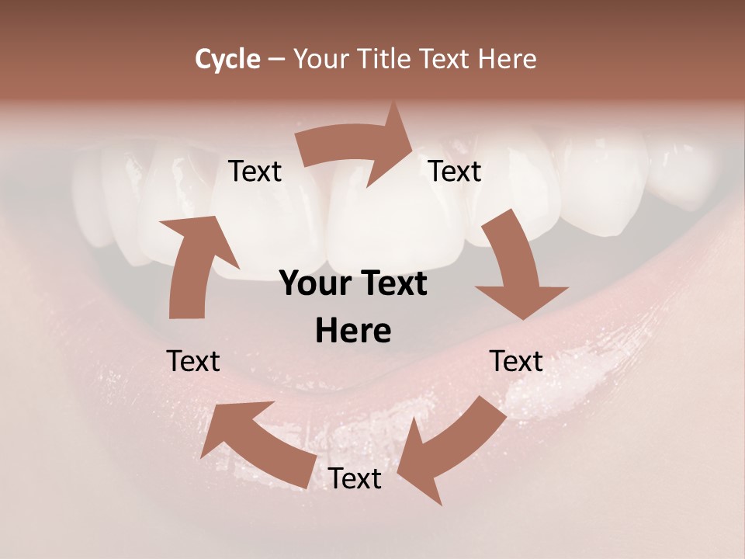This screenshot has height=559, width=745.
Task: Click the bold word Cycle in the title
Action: (227, 59)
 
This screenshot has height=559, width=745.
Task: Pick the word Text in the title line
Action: (445, 59)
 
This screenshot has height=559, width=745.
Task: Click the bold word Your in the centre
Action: (315, 284)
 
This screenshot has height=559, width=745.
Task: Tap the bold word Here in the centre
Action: (353, 332)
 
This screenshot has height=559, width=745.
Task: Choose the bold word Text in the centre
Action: (392, 284)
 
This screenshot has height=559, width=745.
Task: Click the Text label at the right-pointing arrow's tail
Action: (255, 172)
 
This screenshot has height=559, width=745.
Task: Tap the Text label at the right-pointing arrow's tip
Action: (455, 172)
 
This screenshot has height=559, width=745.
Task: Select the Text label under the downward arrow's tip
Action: (516, 361)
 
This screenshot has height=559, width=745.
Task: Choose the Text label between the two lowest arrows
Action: (355, 479)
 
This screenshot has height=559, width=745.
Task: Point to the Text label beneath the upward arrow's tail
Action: (193, 361)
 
